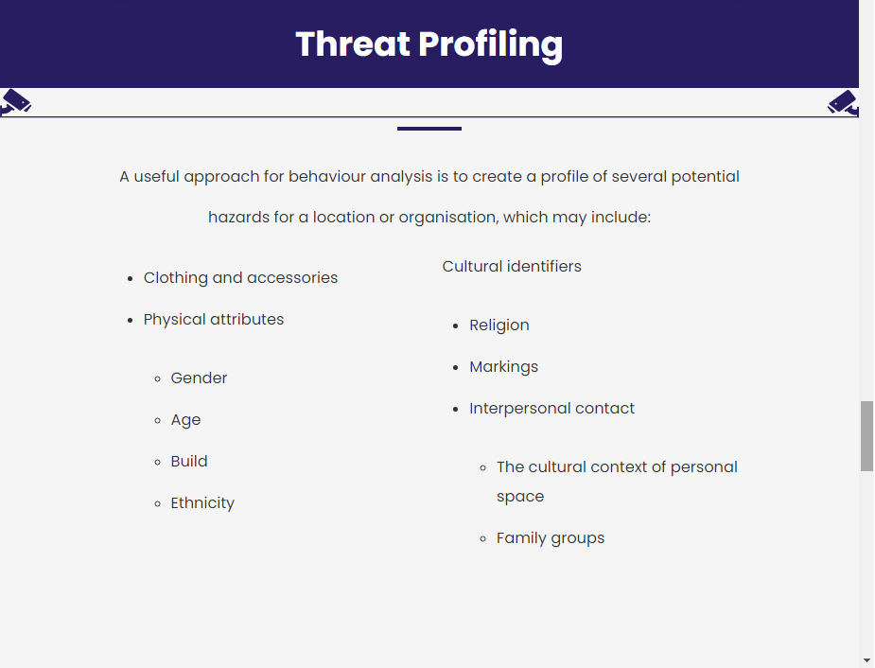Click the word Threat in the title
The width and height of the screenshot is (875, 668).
(x=353, y=44)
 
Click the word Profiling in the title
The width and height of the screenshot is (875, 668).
(x=491, y=45)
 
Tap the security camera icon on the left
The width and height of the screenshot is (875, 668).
(x=16, y=102)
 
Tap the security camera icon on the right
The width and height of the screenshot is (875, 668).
(x=843, y=103)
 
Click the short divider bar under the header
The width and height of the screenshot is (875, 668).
(x=429, y=129)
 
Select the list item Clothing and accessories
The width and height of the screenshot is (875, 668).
(x=240, y=278)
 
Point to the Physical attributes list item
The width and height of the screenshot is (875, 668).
(x=214, y=319)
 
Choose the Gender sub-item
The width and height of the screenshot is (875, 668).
(x=199, y=378)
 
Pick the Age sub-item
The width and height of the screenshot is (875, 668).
(x=185, y=420)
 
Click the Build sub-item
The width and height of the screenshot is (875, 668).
(x=189, y=461)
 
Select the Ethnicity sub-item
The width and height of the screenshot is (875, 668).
(x=202, y=503)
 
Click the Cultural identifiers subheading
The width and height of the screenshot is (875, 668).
(x=512, y=266)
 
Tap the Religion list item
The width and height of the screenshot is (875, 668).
(x=499, y=325)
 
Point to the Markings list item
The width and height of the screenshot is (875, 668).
(x=503, y=367)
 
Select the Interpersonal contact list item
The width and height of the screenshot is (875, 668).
(x=551, y=409)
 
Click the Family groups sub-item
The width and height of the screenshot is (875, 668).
(x=551, y=538)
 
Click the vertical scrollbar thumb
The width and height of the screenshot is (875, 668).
(x=866, y=436)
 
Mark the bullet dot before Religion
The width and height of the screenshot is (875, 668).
(x=456, y=325)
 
